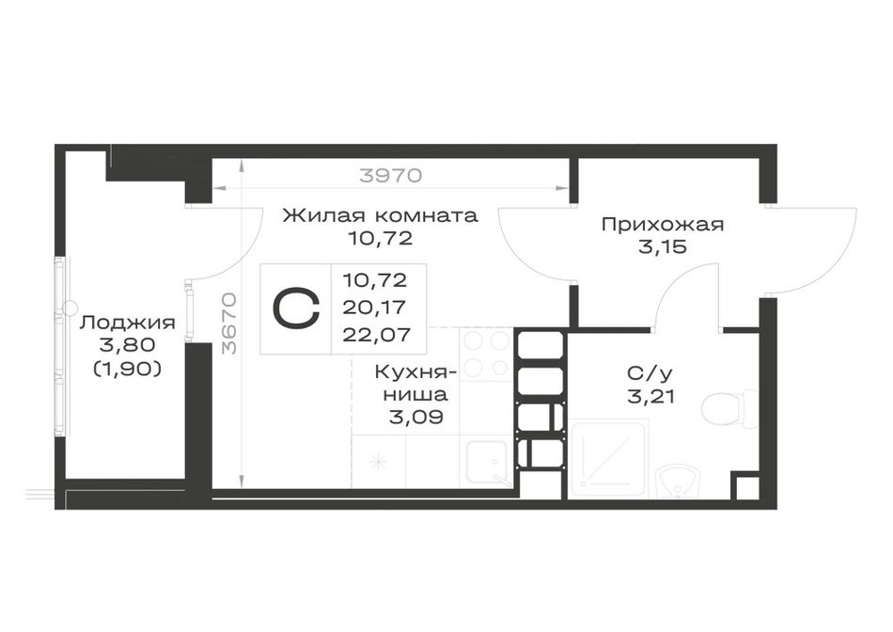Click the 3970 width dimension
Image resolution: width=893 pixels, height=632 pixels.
click(x=391, y=175)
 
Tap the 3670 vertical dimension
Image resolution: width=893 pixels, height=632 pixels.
click(x=229, y=324)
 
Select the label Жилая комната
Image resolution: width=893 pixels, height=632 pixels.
click(x=381, y=215)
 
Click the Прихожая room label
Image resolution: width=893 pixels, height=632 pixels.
click(x=663, y=224)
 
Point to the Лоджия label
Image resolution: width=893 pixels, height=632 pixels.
click(x=127, y=323)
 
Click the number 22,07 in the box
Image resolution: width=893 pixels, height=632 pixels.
click(x=376, y=335)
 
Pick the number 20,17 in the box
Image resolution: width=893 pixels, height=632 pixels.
click(x=375, y=308)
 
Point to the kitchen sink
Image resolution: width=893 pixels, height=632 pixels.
click(x=487, y=463)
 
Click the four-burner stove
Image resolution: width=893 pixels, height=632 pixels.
click(x=486, y=353)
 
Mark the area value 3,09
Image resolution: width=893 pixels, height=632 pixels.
click(x=415, y=417)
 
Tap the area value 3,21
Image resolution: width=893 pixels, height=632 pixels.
click(x=650, y=396)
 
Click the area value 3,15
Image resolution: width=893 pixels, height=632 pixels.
click(x=663, y=247)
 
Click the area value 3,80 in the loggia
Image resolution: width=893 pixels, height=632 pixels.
click(x=127, y=345)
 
